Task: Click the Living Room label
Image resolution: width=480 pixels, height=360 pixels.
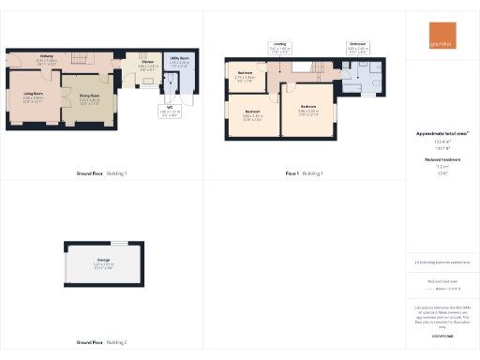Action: point(37,93)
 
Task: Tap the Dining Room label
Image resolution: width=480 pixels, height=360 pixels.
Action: point(90,95)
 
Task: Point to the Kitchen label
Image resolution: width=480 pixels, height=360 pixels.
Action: point(148,63)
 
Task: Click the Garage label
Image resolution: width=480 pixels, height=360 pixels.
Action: point(103,260)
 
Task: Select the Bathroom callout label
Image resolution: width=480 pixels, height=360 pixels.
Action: point(357,44)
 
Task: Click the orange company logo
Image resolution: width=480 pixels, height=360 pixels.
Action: point(442,34)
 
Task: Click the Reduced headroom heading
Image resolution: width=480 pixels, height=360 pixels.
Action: point(442,160)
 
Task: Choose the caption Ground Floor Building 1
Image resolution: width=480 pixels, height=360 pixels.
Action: point(101,173)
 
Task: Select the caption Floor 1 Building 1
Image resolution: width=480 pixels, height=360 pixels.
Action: point(304,173)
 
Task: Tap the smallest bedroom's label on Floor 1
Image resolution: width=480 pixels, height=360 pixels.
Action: point(246,73)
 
